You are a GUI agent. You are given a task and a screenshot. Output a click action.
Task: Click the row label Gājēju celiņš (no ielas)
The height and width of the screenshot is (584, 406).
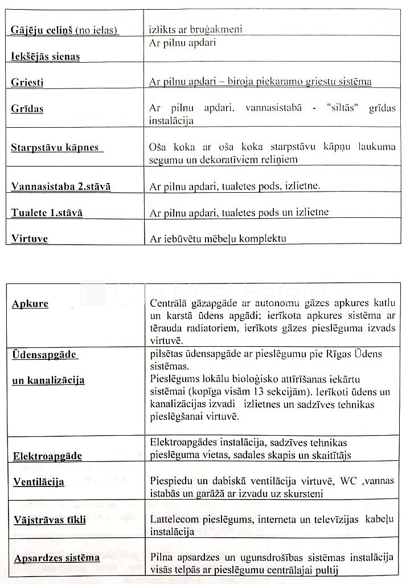[64, 29]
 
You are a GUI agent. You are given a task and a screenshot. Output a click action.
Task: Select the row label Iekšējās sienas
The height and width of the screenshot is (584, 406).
[45, 56]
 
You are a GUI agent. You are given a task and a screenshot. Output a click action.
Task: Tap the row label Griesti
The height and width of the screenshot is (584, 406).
[27, 82]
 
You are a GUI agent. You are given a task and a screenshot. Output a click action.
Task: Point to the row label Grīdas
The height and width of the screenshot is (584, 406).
[27, 108]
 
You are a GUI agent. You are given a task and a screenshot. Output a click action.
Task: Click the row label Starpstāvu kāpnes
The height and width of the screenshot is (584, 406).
[55, 148]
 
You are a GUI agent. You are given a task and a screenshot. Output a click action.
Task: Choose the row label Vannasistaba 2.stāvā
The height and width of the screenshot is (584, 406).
[61, 186]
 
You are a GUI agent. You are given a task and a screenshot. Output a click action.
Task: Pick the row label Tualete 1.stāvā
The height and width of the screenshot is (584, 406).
[47, 213]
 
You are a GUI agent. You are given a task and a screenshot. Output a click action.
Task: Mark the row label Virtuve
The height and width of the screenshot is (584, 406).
[30, 238]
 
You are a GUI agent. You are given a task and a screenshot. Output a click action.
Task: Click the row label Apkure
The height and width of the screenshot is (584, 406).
[30, 304]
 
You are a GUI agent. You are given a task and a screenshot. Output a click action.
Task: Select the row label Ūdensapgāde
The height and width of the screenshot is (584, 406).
[44, 355]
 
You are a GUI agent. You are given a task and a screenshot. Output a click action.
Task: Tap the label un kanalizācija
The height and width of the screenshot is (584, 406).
[48, 380]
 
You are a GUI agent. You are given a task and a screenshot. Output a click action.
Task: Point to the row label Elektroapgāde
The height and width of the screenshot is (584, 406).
[47, 456]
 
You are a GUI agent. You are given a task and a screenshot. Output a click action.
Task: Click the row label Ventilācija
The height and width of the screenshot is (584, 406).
[39, 482]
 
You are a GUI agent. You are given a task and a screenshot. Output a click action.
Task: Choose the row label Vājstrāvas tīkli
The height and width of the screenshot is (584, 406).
[50, 520]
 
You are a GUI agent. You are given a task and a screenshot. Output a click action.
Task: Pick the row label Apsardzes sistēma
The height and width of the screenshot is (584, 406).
[56, 558]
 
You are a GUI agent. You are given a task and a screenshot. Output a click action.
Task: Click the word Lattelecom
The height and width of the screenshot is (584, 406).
[175, 519]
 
